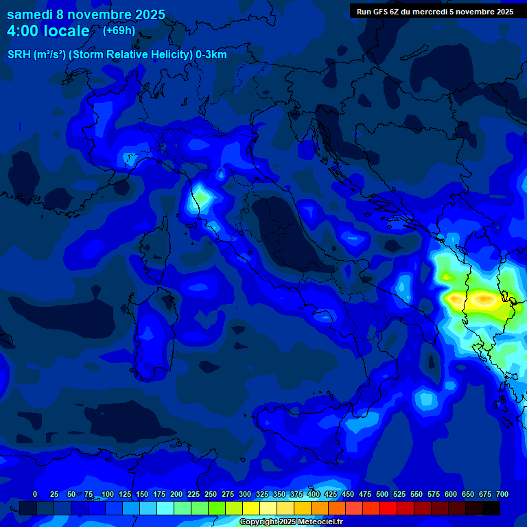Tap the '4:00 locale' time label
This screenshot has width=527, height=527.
coord(48,31)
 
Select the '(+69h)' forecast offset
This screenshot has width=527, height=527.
coord(119,31)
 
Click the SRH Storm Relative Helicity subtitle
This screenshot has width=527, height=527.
coord(117,55)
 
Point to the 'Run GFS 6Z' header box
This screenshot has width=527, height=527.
coord(434,11)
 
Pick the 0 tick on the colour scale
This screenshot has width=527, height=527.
coord(35,495)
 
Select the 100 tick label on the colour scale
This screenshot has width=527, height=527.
coord(108,495)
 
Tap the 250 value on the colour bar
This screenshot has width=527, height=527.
coord(211,495)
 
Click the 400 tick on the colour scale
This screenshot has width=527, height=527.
coord(314,495)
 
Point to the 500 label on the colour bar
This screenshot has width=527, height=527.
coord(382,495)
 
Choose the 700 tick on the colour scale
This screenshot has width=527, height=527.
coord(502,495)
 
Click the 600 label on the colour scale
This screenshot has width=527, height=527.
coord(451,495)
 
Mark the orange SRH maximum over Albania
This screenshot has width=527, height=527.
coord(482,299)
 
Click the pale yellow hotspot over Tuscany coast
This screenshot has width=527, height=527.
coord(200,199)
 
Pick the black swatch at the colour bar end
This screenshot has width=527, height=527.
coord(491,508)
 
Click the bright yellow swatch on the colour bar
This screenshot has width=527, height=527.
coord(251,508)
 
